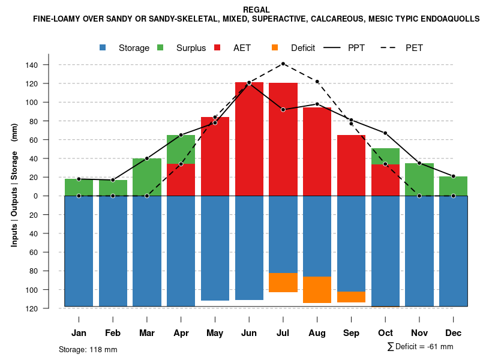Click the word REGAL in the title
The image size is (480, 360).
[256, 10]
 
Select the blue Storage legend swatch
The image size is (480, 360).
[103, 47]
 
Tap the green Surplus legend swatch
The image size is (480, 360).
[160, 47]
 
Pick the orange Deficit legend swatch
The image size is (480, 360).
[275, 47]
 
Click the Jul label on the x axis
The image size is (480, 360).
[283, 333]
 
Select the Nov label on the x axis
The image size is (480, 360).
[419, 333]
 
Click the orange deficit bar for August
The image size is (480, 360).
[317, 290]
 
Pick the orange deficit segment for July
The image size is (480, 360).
[283, 283]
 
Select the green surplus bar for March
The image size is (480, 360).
[147, 177]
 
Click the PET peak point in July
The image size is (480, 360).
[283, 64]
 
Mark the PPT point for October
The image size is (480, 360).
[385, 133]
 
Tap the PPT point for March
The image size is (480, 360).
[147, 158]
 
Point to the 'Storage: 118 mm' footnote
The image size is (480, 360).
[88, 349]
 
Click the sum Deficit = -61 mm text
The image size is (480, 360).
[420, 346]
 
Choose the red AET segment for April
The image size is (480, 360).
[181, 180]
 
